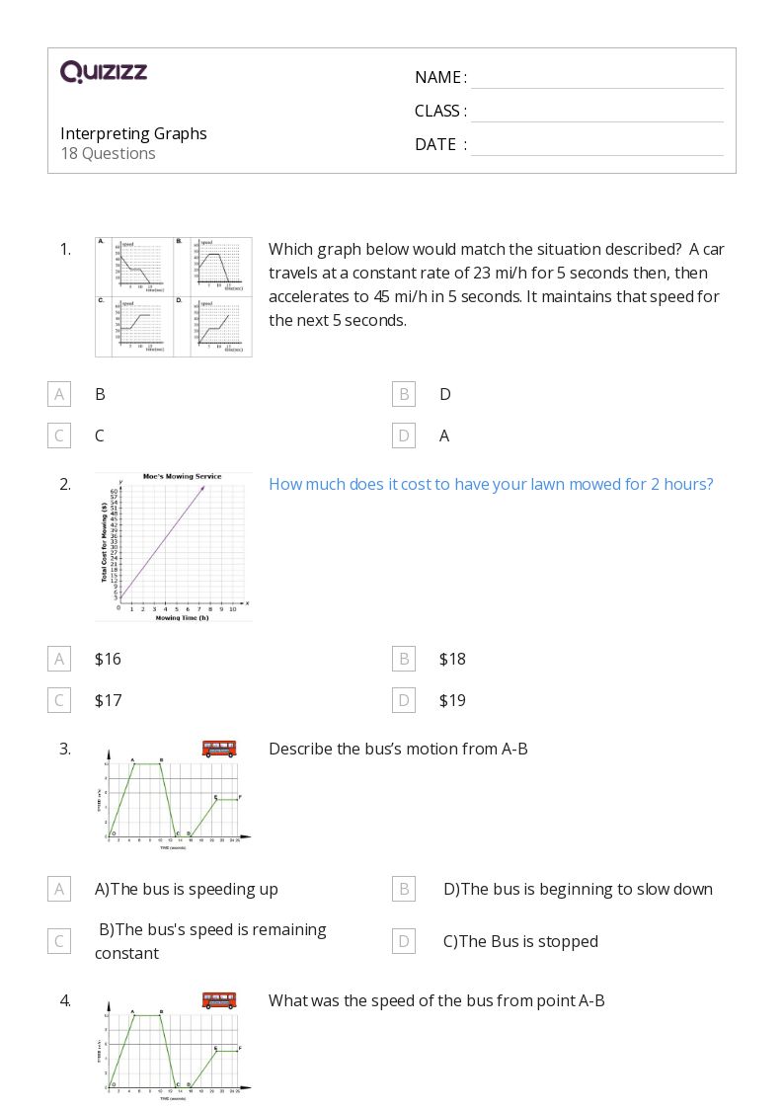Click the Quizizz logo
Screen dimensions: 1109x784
click(x=104, y=72)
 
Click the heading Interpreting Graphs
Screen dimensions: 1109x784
click(x=133, y=133)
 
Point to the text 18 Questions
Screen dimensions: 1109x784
click(x=108, y=153)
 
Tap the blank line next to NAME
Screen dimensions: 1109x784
click(x=596, y=79)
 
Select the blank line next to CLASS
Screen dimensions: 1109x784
click(x=596, y=113)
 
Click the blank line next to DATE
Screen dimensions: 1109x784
click(x=596, y=146)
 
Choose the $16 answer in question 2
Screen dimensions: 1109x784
click(x=108, y=659)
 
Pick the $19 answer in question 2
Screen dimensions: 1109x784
click(x=452, y=700)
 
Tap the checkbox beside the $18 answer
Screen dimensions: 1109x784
click(x=404, y=659)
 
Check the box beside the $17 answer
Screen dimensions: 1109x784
click(x=59, y=700)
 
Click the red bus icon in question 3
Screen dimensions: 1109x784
click(x=219, y=749)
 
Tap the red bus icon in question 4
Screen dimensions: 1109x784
click(x=219, y=1000)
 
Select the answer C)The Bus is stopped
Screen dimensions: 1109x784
click(x=520, y=941)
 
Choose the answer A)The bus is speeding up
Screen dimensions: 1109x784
click(x=187, y=889)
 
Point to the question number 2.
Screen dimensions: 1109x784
click(x=65, y=484)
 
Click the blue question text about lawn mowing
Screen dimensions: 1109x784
click(x=491, y=484)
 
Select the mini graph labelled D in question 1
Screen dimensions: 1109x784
click(x=212, y=326)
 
